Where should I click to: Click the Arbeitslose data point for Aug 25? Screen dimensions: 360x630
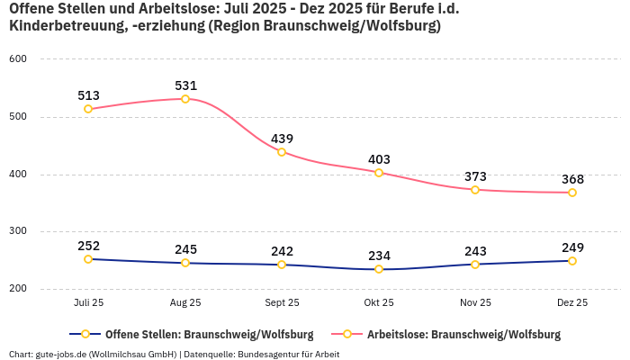pyautogui.click(x=185, y=99)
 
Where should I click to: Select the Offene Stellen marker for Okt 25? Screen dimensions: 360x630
pyautogui.click(x=379, y=269)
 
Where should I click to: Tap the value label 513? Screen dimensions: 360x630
pyautogui.click(x=88, y=95)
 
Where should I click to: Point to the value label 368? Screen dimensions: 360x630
pyautogui.click(x=572, y=179)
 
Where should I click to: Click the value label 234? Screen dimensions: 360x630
pyautogui.click(x=379, y=256)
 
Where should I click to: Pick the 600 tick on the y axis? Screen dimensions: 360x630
pyautogui.click(x=18, y=59)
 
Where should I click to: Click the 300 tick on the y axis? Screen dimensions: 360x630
pyautogui.click(x=18, y=231)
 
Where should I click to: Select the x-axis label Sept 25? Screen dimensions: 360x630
pyautogui.click(x=282, y=303)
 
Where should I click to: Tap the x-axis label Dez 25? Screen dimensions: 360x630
pyautogui.click(x=572, y=303)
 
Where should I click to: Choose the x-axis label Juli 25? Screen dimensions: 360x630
pyautogui.click(x=88, y=303)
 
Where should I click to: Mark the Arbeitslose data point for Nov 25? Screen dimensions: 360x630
pyautogui.click(x=475, y=190)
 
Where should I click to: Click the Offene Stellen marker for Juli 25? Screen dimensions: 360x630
pyautogui.click(x=88, y=259)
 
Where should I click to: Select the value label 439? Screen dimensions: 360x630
pyautogui.click(x=282, y=139)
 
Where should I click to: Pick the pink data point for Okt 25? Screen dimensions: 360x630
pyautogui.click(x=379, y=173)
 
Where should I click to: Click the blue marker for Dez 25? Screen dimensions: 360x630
pyautogui.click(x=572, y=261)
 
